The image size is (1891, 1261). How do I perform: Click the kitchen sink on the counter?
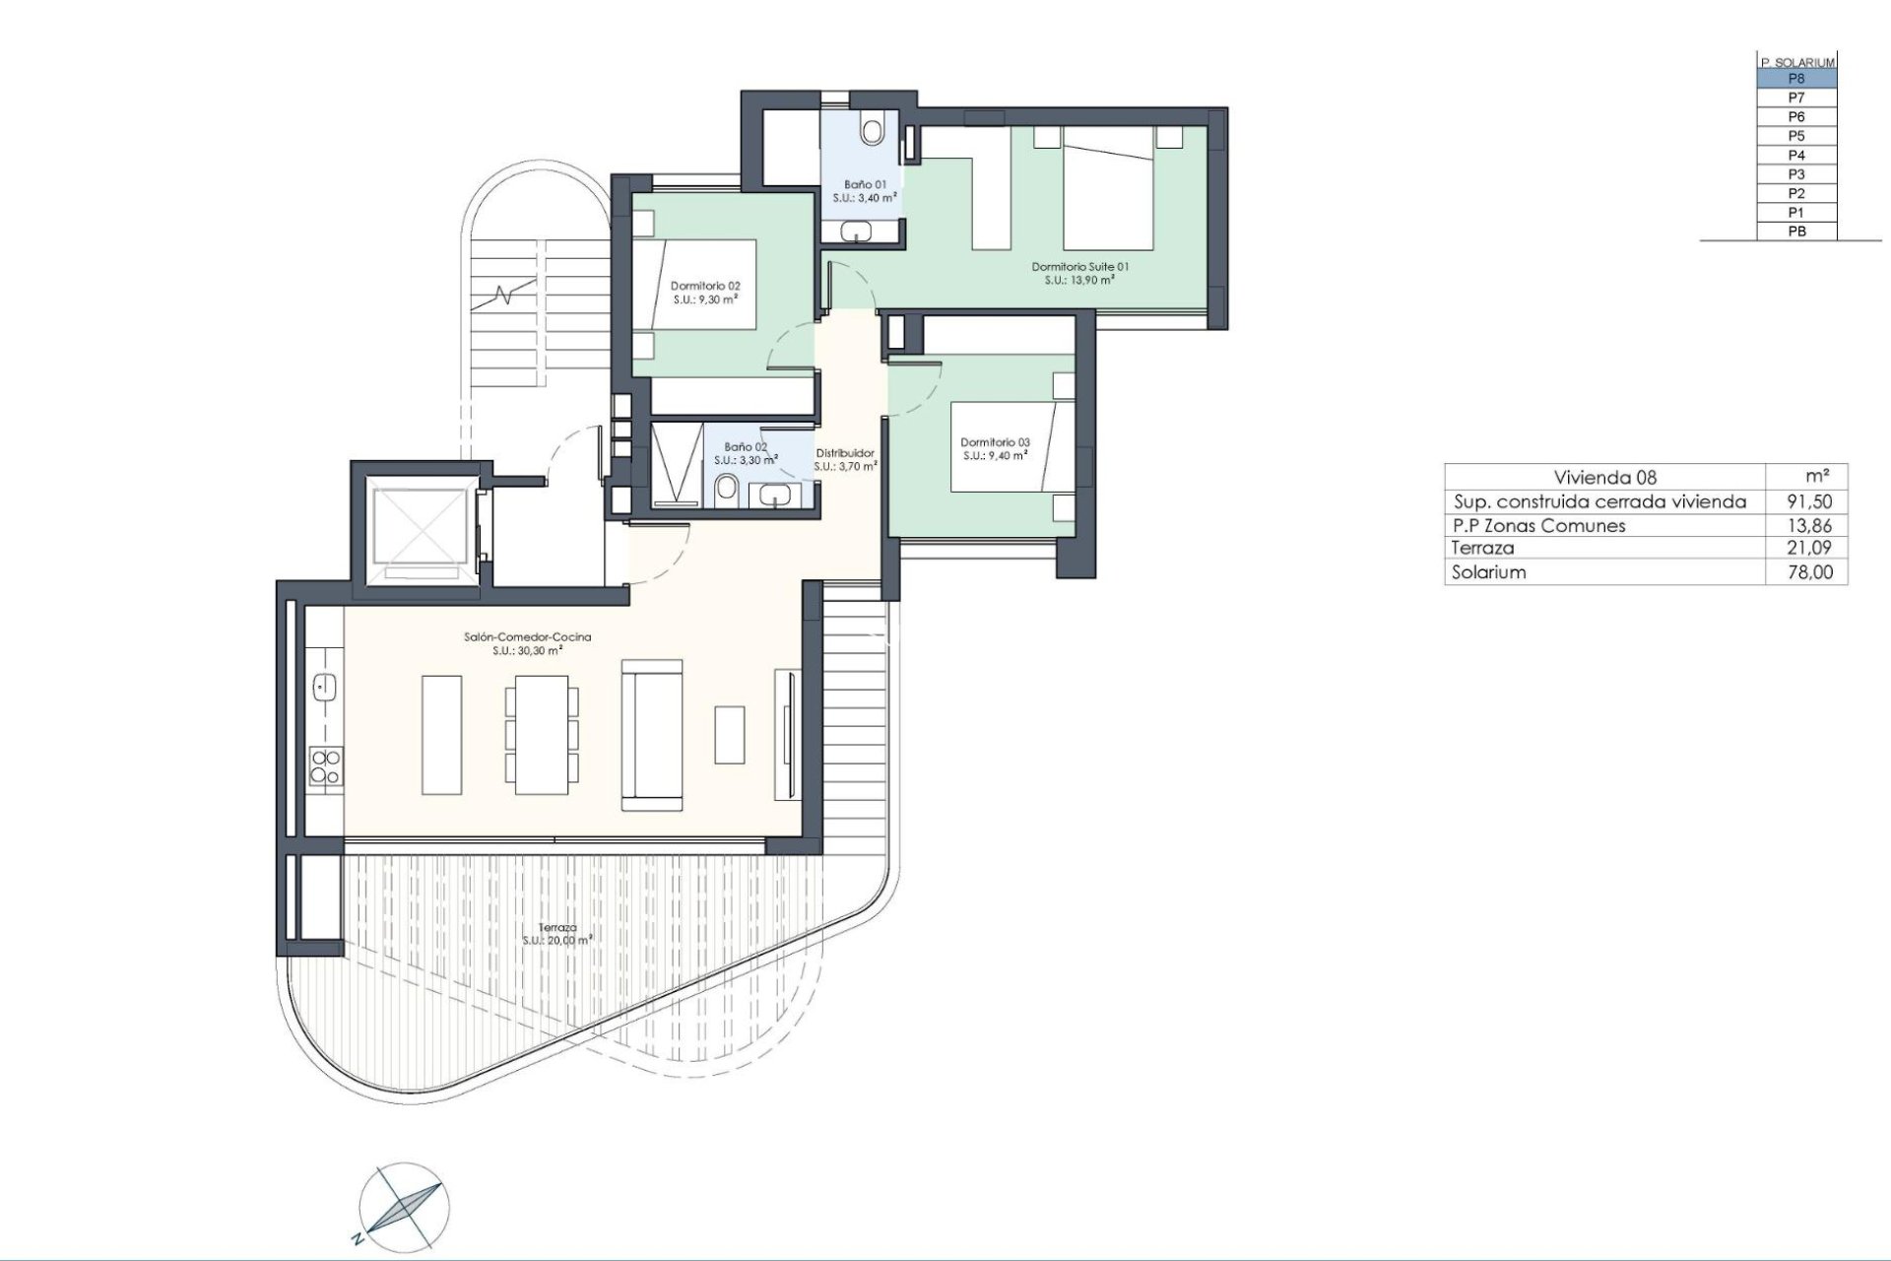(x=324, y=687)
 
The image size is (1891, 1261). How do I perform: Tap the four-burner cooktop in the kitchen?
(x=325, y=766)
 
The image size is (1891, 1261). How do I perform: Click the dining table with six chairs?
(x=542, y=734)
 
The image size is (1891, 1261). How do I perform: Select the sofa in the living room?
(x=652, y=735)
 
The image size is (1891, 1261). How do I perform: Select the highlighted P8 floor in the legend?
(x=1796, y=79)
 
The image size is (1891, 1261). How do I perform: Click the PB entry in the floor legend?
(x=1796, y=232)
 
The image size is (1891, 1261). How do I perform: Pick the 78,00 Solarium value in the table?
(x=1810, y=572)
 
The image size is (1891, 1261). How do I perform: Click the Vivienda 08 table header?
(x=1604, y=478)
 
